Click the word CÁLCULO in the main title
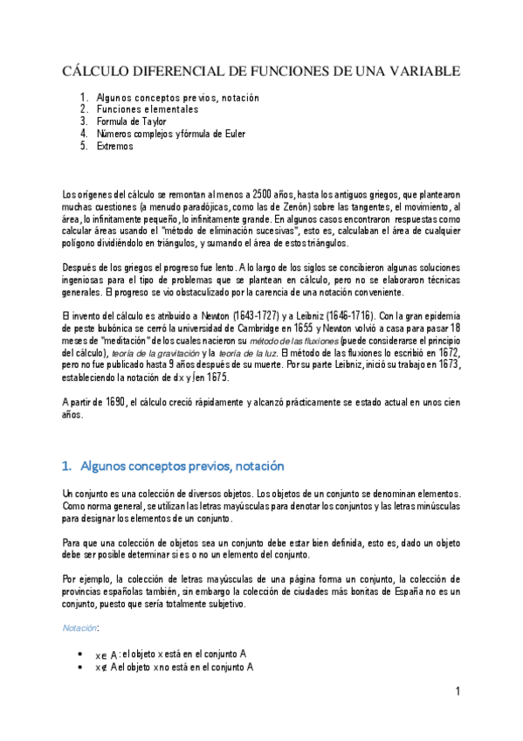coord(96,71)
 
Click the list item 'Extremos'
coord(115,146)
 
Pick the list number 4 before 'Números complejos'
coord(83,134)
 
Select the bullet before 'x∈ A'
coord(81,654)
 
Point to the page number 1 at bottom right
coord(458,692)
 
